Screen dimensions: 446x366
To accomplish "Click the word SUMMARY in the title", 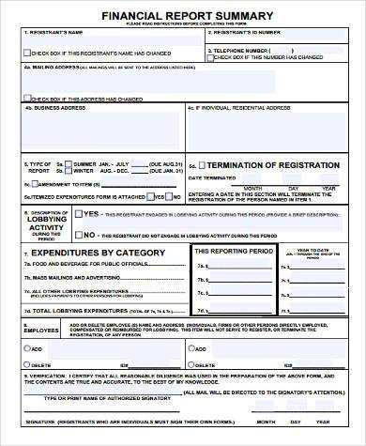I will [x=248, y=15].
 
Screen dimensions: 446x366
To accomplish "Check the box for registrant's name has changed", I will [x=29, y=53].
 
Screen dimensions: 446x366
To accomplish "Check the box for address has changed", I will [x=29, y=97].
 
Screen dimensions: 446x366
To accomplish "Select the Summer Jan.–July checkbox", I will [x=69, y=164].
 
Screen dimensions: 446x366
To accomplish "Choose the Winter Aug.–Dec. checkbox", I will [x=69, y=172].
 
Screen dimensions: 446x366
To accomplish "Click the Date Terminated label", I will [x=208, y=177].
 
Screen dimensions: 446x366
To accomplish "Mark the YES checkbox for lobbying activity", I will [x=78, y=213].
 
